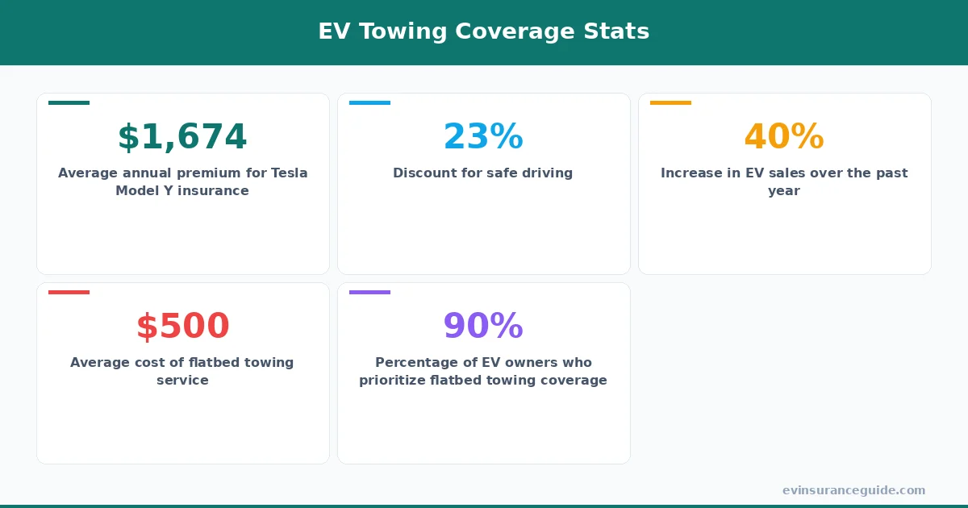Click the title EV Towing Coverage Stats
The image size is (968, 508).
pyautogui.click(x=483, y=31)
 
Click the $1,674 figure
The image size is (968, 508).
pyautogui.click(x=182, y=137)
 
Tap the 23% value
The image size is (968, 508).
pyautogui.click(x=483, y=137)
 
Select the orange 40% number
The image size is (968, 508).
pyautogui.click(x=784, y=137)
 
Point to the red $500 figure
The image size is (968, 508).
pyautogui.click(x=182, y=327)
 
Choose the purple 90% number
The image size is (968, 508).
pyautogui.click(x=483, y=327)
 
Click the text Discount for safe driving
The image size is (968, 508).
pyautogui.click(x=482, y=173)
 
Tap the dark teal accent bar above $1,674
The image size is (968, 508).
pyautogui.click(x=69, y=102)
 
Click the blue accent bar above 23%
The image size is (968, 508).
pyautogui.click(x=369, y=102)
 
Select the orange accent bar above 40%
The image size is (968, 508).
pyautogui.click(x=670, y=102)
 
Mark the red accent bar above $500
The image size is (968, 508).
pyautogui.click(x=69, y=292)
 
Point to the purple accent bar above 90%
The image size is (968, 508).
pyautogui.click(x=369, y=292)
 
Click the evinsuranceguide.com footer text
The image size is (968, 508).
pyautogui.click(x=853, y=490)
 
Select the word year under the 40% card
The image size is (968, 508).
pyautogui.click(x=784, y=191)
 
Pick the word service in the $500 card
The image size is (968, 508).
pyautogui.click(x=182, y=381)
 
